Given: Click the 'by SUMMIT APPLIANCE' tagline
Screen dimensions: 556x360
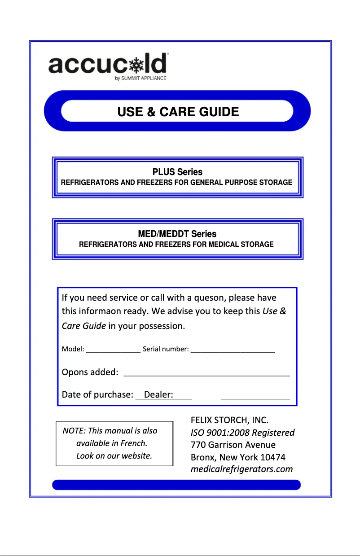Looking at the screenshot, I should click(x=140, y=78).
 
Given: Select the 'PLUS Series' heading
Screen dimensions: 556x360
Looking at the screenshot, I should click(x=177, y=172).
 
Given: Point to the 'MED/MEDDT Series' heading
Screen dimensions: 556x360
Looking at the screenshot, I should click(x=177, y=234).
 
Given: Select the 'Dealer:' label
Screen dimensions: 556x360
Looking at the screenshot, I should click(x=158, y=394).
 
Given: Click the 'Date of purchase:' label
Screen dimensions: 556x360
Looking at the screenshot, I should click(x=97, y=394).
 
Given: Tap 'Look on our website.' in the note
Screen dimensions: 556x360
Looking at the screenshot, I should click(x=114, y=456).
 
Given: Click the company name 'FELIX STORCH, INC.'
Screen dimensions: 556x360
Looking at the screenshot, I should click(x=229, y=420).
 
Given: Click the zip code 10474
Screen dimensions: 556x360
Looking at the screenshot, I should click(x=273, y=457).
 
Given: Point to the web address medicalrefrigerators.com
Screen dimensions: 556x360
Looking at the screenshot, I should click(x=241, y=469).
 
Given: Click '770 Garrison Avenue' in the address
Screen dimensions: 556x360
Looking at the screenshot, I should click(x=233, y=445).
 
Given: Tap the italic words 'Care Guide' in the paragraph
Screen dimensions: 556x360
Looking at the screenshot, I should click(x=84, y=326).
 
